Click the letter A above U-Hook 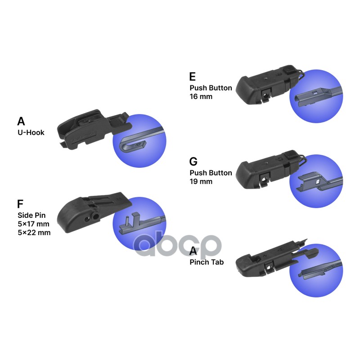[21, 121]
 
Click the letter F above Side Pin [20, 204]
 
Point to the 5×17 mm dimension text [34, 224]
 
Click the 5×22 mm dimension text [34, 233]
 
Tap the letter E [193, 77]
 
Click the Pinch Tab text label [207, 261]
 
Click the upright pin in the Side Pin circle [128, 222]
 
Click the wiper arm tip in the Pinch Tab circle [301, 274]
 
